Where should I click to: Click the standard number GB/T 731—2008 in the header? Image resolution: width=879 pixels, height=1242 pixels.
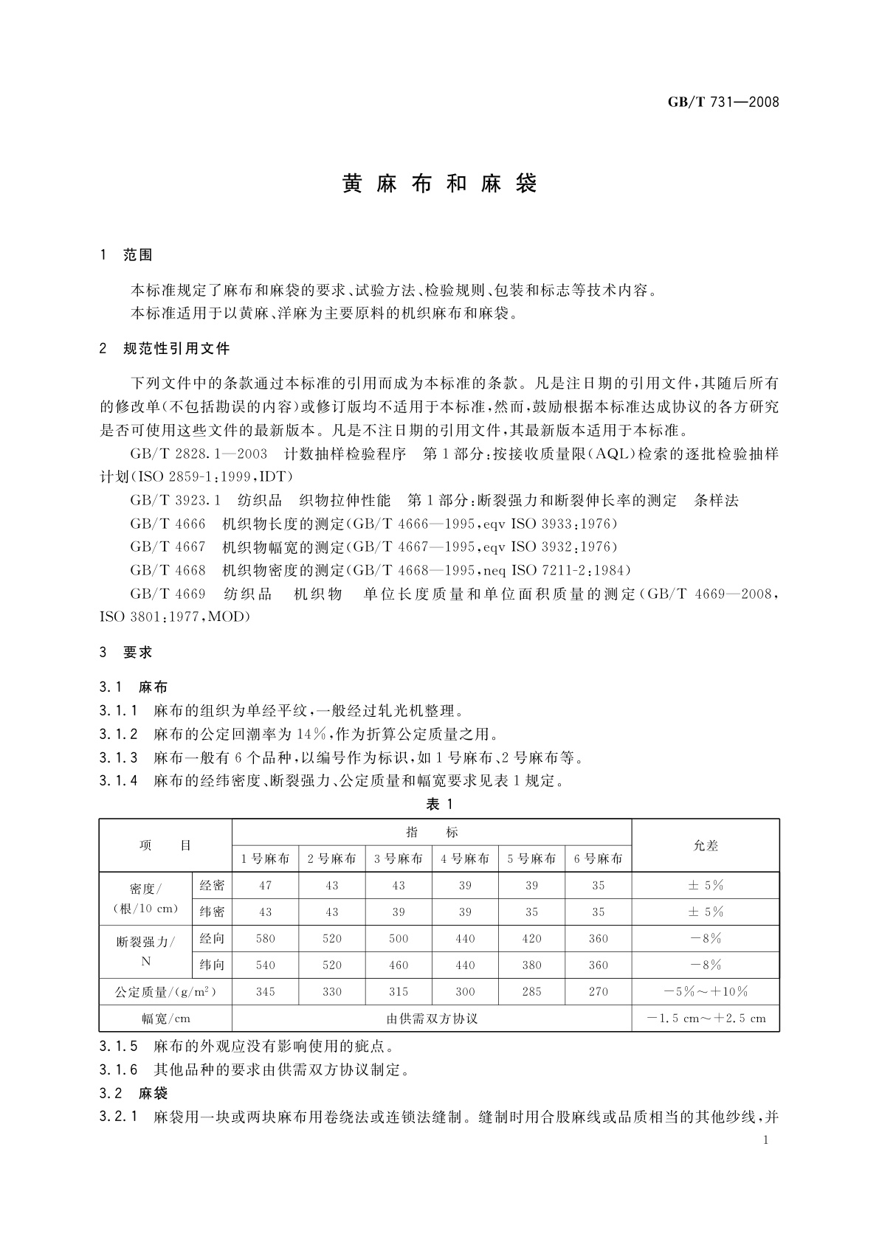(x=723, y=103)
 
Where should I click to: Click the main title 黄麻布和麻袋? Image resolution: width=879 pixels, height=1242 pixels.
(x=439, y=184)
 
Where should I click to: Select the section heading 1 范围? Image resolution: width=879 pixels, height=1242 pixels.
(x=127, y=255)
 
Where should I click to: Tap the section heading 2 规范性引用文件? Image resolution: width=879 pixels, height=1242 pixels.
(x=165, y=348)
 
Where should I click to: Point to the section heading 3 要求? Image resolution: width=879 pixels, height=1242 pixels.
(x=127, y=652)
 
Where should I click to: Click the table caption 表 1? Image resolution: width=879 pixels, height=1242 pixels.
(x=439, y=804)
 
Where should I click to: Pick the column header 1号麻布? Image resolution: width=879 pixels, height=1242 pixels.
(x=265, y=858)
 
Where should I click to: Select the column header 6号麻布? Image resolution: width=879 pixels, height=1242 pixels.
(x=598, y=858)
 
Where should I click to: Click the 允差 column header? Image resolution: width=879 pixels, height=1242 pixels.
(x=706, y=845)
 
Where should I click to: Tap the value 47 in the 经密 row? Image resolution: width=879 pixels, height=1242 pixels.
(x=265, y=885)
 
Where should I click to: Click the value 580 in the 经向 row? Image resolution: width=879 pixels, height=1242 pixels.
(x=265, y=938)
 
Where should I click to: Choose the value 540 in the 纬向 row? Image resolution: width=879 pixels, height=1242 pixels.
(x=265, y=965)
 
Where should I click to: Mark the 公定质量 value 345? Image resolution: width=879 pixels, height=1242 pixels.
(x=265, y=991)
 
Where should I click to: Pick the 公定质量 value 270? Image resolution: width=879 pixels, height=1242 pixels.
(x=598, y=991)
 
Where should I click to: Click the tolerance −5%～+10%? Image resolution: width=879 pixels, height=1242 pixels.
(x=706, y=991)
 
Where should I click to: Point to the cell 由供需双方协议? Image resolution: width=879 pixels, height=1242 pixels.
(x=432, y=1019)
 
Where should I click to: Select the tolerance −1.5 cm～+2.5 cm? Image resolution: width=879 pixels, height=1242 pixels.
(x=706, y=1019)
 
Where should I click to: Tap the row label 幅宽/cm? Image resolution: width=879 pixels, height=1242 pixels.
(x=166, y=1019)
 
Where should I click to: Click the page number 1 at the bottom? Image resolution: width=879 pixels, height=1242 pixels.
(x=765, y=1140)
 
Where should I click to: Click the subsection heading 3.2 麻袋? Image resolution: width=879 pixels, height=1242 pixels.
(x=134, y=1093)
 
